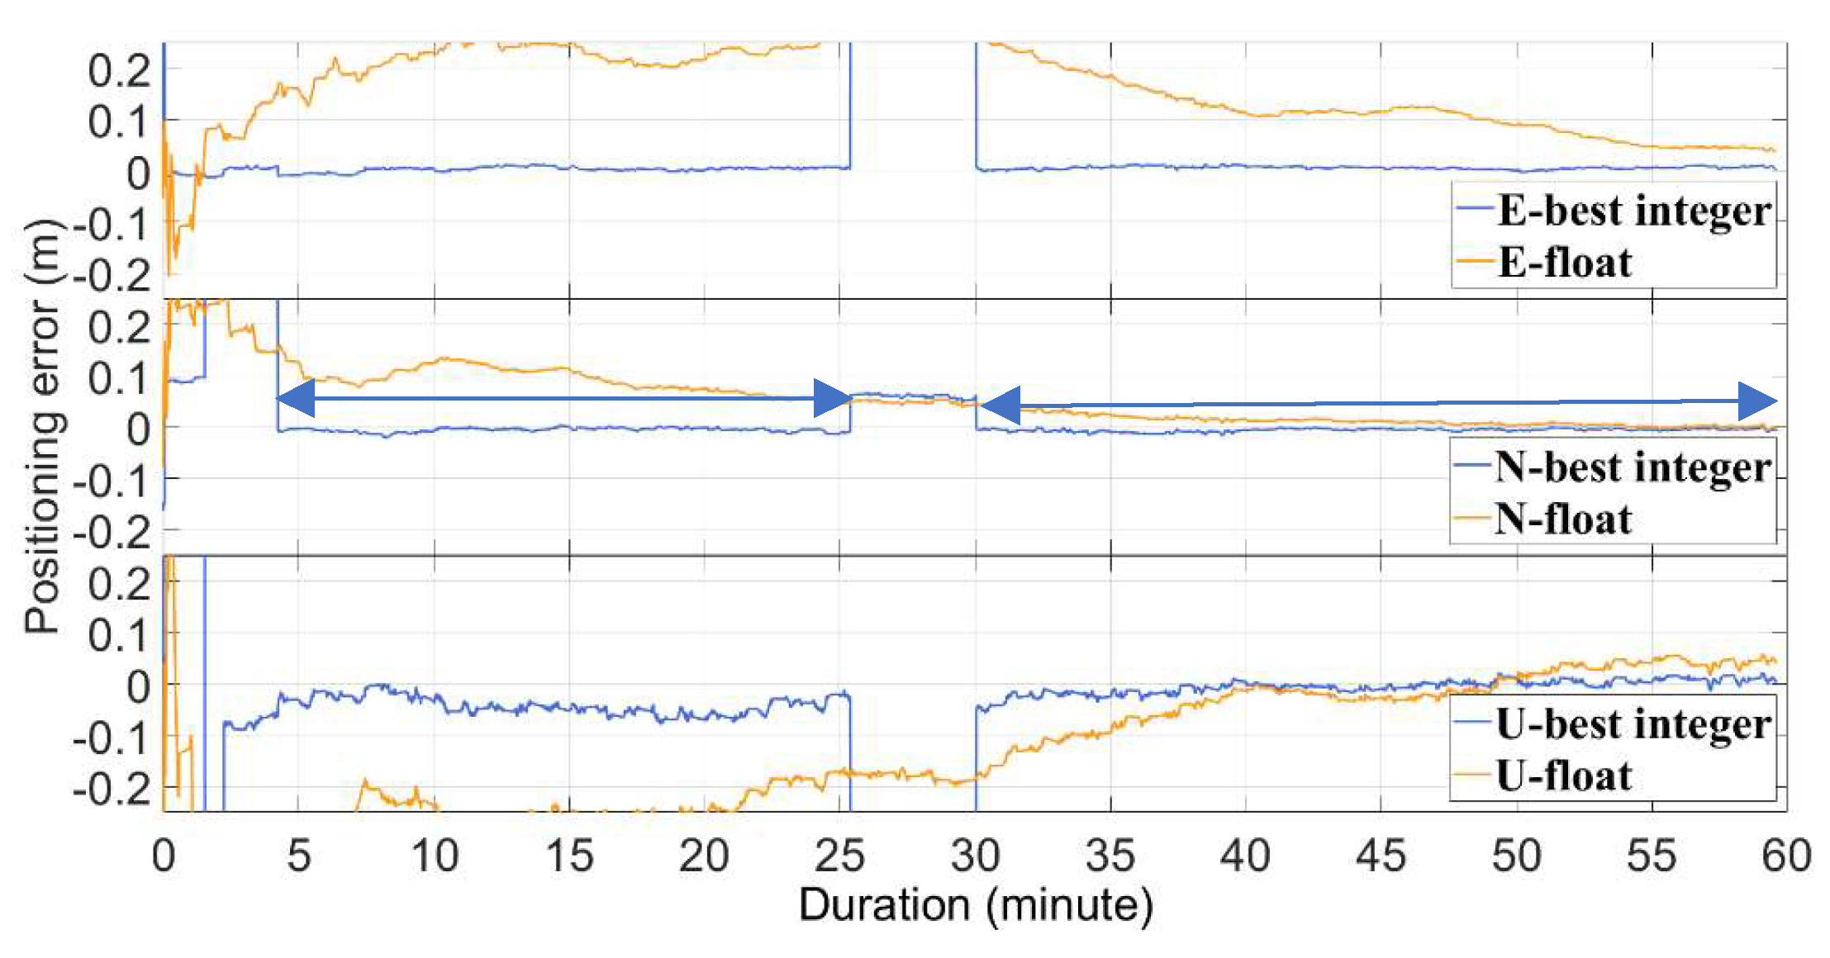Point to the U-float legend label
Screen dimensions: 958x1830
(x=1563, y=776)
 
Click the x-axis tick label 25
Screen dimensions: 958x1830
(x=839, y=856)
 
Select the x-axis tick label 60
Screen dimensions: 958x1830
(x=1786, y=856)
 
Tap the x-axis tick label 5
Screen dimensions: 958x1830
(x=298, y=856)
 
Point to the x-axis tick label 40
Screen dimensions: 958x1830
(x=1245, y=856)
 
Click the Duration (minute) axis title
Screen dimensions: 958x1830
(x=975, y=905)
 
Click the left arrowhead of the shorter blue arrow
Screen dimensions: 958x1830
(x=295, y=399)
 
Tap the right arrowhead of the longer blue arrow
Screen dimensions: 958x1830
(x=1757, y=402)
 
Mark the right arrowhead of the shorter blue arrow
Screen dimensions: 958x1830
(x=833, y=399)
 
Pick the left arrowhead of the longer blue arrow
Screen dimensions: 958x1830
(x=999, y=406)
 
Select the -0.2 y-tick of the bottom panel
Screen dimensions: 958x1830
(x=112, y=791)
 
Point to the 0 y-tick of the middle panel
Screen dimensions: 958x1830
(x=138, y=430)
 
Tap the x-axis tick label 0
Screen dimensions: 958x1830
(x=164, y=856)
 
